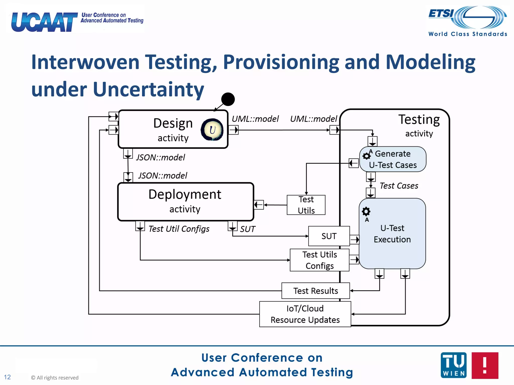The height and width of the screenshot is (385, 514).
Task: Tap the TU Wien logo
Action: coord(454,365)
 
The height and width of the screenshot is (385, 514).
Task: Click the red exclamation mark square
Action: coord(485,365)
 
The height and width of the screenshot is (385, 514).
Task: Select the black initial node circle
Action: coord(228,99)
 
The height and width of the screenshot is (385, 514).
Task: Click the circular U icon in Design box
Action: coord(212,130)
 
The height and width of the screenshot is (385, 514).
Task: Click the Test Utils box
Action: coord(306,205)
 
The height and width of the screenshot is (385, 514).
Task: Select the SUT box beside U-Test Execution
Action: coord(329,236)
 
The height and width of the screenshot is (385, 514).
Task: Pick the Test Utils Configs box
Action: coord(319,260)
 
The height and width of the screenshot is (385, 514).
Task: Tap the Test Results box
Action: coord(315,291)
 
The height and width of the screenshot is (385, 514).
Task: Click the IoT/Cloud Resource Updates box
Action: coord(305,314)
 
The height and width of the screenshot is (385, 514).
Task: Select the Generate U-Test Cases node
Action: coord(393,159)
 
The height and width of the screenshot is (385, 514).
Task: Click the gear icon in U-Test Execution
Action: coord(366,212)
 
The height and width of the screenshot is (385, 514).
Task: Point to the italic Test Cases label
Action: coord(399,186)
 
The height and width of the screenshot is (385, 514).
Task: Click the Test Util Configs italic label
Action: coord(179,229)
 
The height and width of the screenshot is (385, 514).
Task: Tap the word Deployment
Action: coord(185,195)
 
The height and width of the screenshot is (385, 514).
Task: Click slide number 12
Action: coord(7,377)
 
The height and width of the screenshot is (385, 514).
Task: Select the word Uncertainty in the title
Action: coord(148,89)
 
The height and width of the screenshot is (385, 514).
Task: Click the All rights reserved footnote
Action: coord(55,378)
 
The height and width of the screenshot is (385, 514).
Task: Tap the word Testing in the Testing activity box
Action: coord(419,120)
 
